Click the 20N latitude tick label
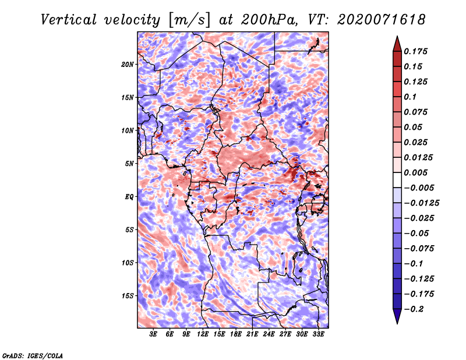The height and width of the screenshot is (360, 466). tap(128, 65)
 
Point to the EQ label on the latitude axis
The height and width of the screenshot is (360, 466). tap(129, 197)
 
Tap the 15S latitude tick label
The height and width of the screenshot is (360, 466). tap(128, 296)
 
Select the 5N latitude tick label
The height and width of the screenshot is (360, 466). tap(129, 164)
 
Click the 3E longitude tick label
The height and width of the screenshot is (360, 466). tap(153, 334)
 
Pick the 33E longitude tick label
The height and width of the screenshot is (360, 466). tap(318, 334)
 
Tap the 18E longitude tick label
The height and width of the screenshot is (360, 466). tap(236, 334)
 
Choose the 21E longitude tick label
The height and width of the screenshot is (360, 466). tap(252, 334)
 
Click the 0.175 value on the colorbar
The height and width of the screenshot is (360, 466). tap(415, 51)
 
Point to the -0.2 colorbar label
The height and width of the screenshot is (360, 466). tap(414, 309)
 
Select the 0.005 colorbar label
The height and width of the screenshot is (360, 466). tap(415, 172)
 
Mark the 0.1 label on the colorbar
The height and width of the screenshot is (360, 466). tap(410, 97)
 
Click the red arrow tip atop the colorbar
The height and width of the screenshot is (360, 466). tap(397, 36)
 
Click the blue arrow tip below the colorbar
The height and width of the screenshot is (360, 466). tap(397, 323)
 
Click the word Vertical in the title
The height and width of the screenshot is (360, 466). tap(69, 20)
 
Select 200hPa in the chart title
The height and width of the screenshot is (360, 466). tap(269, 20)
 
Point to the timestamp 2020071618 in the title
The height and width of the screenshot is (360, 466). tap(382, 20)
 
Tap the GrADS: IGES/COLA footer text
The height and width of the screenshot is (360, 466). tap(33, 355)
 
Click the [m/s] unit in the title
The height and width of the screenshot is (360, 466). tap(189, 20)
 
